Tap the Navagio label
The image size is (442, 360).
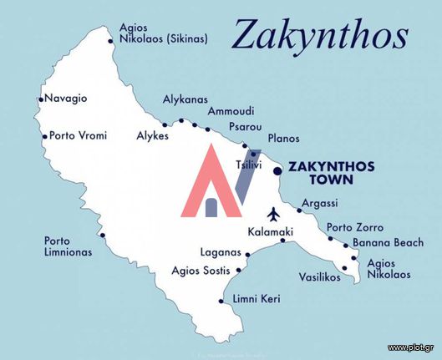tap(65, 99)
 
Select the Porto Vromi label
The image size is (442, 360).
tap(79, 134)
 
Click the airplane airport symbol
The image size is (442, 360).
tap(273, 211)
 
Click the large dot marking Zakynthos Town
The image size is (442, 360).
tap(277, 170)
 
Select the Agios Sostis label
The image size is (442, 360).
tap(201, 271)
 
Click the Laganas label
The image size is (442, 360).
tap(221, 251)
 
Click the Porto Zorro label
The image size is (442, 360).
tap(354, 227)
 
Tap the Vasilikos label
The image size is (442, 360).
tap(319, 277)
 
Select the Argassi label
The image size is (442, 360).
tap(320, 203)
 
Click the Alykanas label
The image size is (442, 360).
tap(185, 99)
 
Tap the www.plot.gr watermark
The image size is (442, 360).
tap(410, 347)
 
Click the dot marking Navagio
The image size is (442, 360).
tap(40, 99)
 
